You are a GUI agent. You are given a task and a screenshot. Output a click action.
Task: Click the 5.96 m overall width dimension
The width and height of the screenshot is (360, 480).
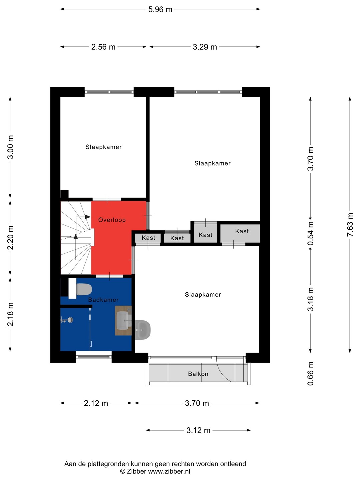pos(160,9)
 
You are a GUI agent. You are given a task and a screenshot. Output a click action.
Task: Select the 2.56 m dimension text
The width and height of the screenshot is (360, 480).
pos(103,47)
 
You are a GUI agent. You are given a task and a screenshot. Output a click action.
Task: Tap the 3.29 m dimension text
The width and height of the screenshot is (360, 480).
pos(205,47)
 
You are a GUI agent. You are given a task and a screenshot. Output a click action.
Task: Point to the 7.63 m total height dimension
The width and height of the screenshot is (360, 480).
pos(350,225)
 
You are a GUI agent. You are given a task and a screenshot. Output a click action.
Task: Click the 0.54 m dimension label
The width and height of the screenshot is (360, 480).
pos(310,233)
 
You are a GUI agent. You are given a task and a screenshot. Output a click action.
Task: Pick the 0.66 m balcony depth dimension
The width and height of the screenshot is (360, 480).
pos(310,374)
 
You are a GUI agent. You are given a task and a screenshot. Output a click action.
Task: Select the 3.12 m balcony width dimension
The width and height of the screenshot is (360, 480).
pos(198,430)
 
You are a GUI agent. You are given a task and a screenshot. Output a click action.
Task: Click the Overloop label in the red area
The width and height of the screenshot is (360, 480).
pos(112,220)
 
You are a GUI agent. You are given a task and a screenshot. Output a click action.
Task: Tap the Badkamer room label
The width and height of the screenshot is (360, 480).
pos(103,300)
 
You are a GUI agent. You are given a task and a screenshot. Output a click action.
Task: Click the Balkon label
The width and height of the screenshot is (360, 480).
pos(198,374)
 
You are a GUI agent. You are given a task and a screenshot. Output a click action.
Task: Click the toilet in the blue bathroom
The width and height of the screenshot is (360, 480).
pos(84,289)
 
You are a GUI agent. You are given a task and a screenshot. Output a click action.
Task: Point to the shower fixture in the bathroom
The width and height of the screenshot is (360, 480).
pos(67,320)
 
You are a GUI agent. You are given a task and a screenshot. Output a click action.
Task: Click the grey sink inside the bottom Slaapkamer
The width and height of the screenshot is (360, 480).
pos(143,330)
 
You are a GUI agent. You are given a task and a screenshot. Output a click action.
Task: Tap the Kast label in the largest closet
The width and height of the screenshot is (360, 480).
pos(242,231)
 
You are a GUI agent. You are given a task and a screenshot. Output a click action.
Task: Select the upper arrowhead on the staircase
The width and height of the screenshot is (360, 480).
pos(88,217)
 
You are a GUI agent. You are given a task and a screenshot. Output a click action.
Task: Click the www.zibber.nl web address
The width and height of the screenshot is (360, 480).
pos(169,471)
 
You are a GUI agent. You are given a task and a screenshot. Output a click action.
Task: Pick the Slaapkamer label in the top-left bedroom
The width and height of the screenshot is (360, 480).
pos(103,147)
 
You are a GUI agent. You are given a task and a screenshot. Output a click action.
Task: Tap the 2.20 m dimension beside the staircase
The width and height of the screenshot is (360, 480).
pos(10,237)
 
